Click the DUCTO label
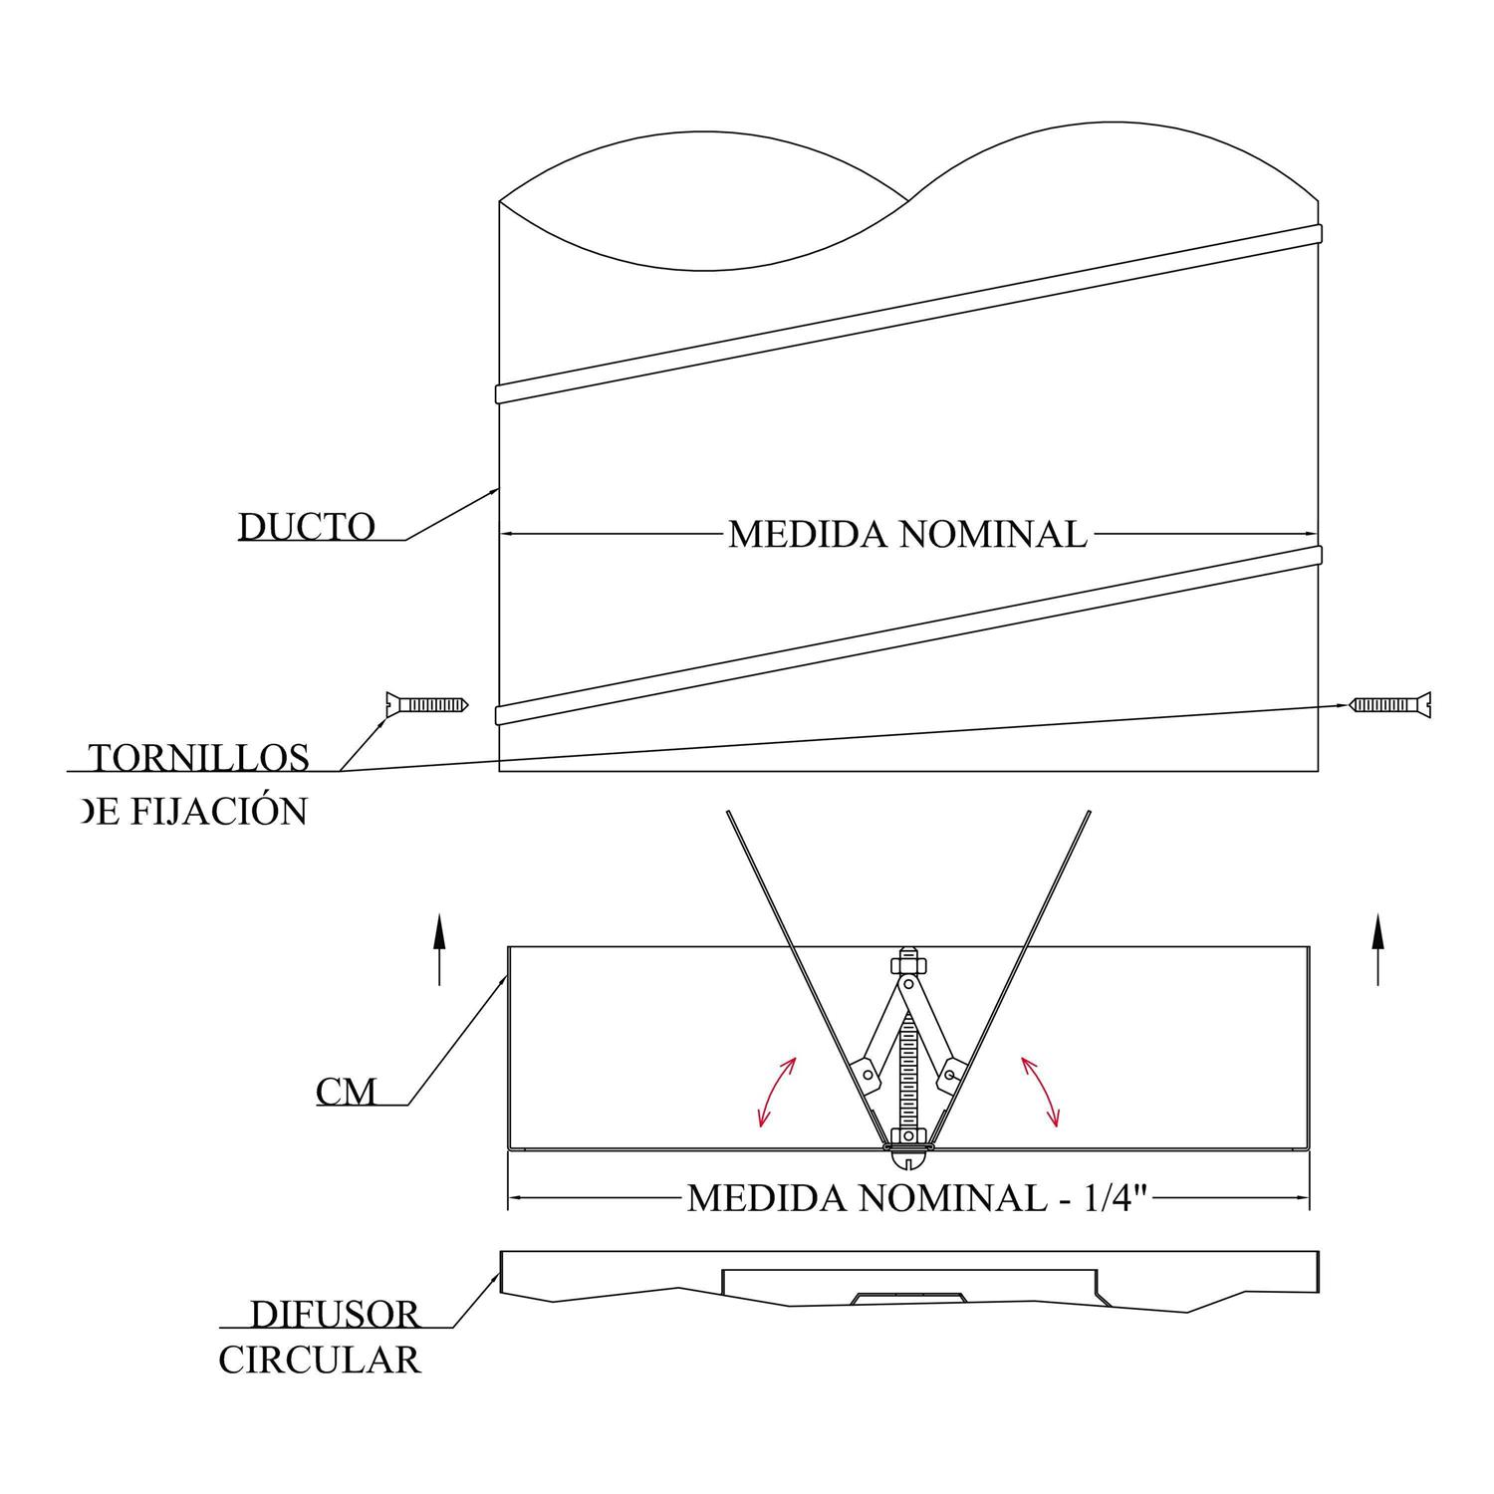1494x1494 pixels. (x=307, y=527)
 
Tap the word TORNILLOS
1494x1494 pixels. (x=201, y=759)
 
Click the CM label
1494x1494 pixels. (x=346, y=1093)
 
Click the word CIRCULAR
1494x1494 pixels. (x=320, y=1361)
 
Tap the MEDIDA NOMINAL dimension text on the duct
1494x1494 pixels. (x=907, y=535)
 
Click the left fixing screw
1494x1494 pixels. (x=425, y=705)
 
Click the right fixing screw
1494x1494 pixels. (x=1390, y=705)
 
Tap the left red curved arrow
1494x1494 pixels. (x=777, y=1092)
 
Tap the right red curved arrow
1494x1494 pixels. (x=1040, y=1092)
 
